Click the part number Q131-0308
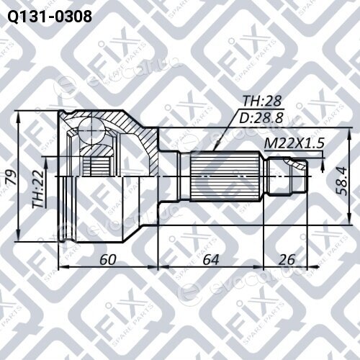click(x=50, y=17)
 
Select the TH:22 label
click(x=38, y=189)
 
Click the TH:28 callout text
click(x=262, y=101)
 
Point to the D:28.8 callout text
click(x=261, y=117)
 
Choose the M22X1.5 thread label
click(x=294, y=143)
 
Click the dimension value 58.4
click(x=342, y=181)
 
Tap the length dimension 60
click(x=108, y=259)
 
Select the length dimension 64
click(x=211, y=259)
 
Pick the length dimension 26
click(x=287, y=259)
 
